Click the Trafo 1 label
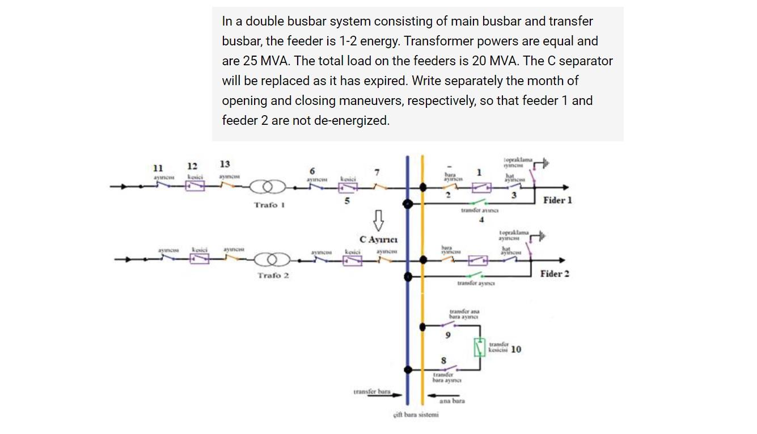(x=269, y=204)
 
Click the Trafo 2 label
(x=273, y=275)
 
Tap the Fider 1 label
(x=557, y=200)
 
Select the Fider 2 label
(x=555, y=273)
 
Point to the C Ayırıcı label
(x=378, y=239)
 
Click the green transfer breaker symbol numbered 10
(x=480, y=347)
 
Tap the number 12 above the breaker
(x=192, y=166)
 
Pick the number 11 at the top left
(x=158, y=168)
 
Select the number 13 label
(x=225, y=164)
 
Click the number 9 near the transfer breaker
(x=447, y=335)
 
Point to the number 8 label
(x=443, y=360)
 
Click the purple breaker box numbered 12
(x=194, y=185)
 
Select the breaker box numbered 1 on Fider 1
(x=483, y=187)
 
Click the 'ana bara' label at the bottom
(x=452, y=401)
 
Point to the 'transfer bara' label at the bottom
(x=372, y=391)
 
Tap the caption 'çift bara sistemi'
(x=416, y=415)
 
